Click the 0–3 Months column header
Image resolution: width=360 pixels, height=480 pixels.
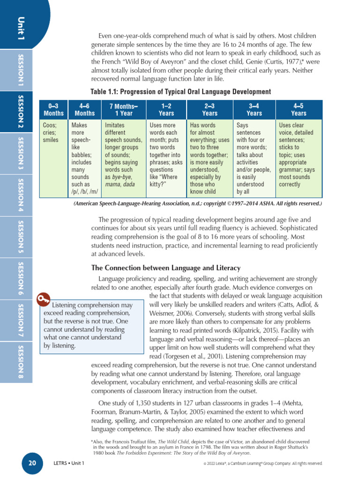(x=53, y=110)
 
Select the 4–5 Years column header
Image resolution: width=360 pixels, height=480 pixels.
(x=299, y=110)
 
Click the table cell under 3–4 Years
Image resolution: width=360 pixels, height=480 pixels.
(x=254, y=158)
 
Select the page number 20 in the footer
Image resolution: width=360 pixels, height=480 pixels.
(x=32, y=463)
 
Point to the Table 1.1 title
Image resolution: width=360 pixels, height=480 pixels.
(x=180, y=91)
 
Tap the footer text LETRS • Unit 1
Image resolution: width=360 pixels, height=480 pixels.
(x=69, y=464)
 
